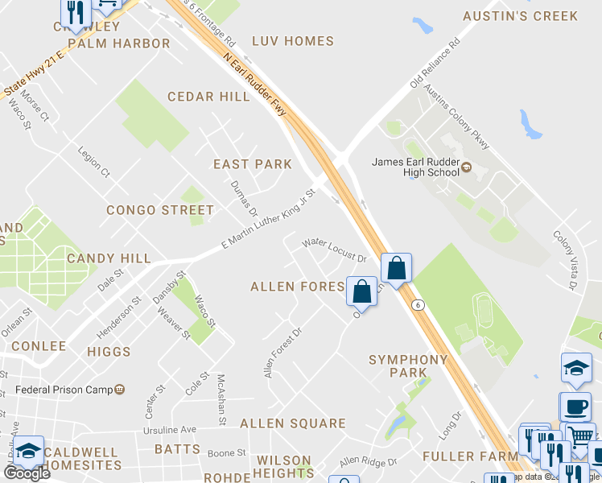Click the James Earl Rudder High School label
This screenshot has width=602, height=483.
(x=415, y=166)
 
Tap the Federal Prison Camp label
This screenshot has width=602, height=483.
(x=64, y=390)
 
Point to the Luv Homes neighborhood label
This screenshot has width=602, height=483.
(x=292, y=41)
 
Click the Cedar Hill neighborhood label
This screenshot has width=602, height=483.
(x=208, y=97)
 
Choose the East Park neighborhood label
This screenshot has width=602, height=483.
(x=252, y=164)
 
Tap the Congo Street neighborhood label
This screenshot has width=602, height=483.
(x=160, y=210)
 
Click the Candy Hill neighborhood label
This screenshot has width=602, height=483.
(x=109, y=258)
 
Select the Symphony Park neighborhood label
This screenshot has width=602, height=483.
(x=408, y=365)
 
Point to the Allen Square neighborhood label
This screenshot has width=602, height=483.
(x=292, y=423)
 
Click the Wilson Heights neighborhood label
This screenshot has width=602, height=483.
(x=283, y=468)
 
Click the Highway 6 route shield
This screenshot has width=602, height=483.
(x=417, y=305)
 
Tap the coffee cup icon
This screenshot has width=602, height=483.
(x=575, y=406)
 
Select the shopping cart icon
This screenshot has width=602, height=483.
(x=579, y=436)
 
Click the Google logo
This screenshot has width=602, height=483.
(x=27, y=473)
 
